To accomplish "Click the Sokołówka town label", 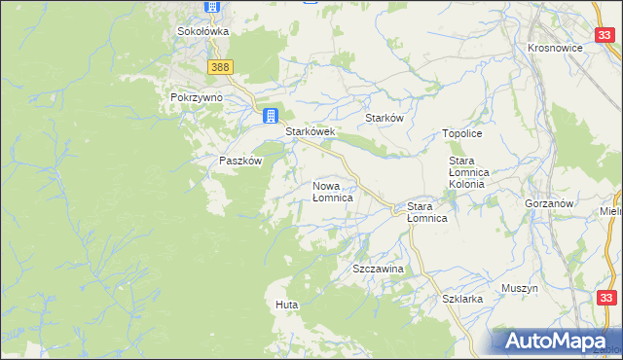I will pyautogui.click(x=202, y=31).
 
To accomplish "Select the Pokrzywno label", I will pyautogui.click(x=197, y=98).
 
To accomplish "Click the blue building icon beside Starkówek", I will pyautogui.click(x=271, y=116).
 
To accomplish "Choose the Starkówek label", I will pyautogui.click(x=310, y=132).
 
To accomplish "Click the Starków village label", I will pyautogui.click(x=384, y=118).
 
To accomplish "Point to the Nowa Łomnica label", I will pyautogui.click(x=332, y=191).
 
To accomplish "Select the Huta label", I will pyautogui.click(x=286, y=306).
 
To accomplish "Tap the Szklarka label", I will pyautogui.click(x=462, y=300).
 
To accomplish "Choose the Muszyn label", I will pyautogui.click(x=519, y=289).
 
